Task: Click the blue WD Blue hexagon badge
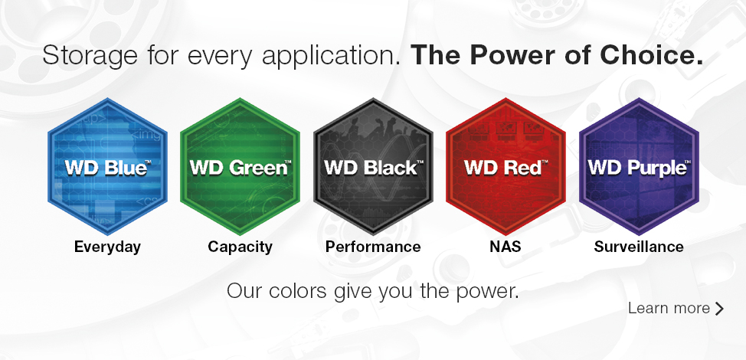point(107,166)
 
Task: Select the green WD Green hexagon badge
point(240,166)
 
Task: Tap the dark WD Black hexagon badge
point(373,166)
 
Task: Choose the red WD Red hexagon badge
point(506,166)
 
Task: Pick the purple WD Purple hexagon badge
point(639,166)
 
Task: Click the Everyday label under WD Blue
point(107,247)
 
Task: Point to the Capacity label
point(240,247)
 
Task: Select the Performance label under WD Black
point(373,247)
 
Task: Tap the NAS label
point(506,247)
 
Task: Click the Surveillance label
point(639,247)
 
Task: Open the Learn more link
point(676,308)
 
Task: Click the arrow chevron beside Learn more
point(719,309)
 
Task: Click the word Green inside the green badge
point(260,168)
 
